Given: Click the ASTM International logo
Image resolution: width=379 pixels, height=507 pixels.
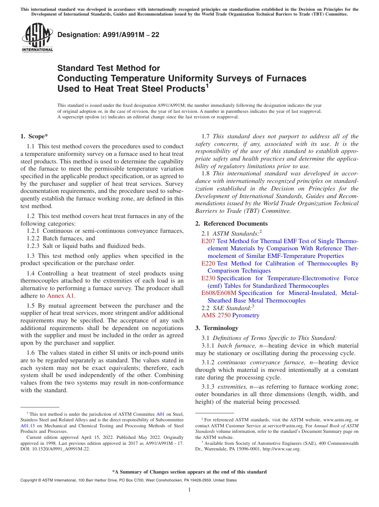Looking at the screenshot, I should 37,38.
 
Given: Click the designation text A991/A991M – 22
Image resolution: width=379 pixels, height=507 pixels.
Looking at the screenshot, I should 108,35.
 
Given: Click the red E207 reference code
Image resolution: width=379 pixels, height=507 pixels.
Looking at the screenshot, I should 208,241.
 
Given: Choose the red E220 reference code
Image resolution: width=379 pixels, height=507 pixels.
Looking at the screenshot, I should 208,263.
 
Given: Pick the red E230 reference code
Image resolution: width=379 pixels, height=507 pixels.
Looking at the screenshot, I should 208,278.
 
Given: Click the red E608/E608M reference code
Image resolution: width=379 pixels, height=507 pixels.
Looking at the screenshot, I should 219,293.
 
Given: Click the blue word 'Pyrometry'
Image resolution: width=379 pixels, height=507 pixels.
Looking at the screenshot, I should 246,315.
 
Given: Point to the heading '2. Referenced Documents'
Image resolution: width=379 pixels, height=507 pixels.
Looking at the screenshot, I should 231,224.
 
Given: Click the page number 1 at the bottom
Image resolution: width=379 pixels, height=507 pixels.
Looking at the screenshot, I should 189,489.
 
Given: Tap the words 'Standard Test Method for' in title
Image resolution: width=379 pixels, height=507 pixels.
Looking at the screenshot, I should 109,68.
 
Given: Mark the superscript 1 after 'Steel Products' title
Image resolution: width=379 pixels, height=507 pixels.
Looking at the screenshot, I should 207,86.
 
